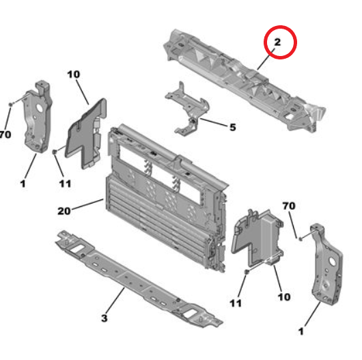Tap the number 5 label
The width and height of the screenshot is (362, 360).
coord(233,127)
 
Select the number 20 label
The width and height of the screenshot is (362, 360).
coord(64,211)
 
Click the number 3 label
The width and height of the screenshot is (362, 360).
coord(105,318)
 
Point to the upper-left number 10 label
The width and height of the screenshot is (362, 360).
coord(74,74)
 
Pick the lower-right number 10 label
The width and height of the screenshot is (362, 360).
coord(284,297)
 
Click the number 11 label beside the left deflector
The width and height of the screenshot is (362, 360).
coord(65,184)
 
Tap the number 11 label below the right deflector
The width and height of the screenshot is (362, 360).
coord(236,303)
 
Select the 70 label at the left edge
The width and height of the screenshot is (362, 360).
coord(5,135)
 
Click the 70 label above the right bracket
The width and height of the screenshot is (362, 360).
coord(289,206)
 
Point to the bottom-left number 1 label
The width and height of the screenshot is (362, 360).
coord(23,184)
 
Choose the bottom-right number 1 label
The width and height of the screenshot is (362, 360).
coord(301,331)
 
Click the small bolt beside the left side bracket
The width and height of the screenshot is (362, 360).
coord(11,105)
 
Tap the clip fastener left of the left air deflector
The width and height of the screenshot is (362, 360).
coord(55,152)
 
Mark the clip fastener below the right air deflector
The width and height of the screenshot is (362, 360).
coord(247,273)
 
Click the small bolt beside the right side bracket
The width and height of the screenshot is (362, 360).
coord(300,238)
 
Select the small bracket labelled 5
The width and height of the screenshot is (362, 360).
coord(188,109)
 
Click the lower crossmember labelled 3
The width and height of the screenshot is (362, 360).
coord(139,279)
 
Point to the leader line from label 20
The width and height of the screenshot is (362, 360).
coord(87,204)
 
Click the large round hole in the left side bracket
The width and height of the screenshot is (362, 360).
coord(38,108)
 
